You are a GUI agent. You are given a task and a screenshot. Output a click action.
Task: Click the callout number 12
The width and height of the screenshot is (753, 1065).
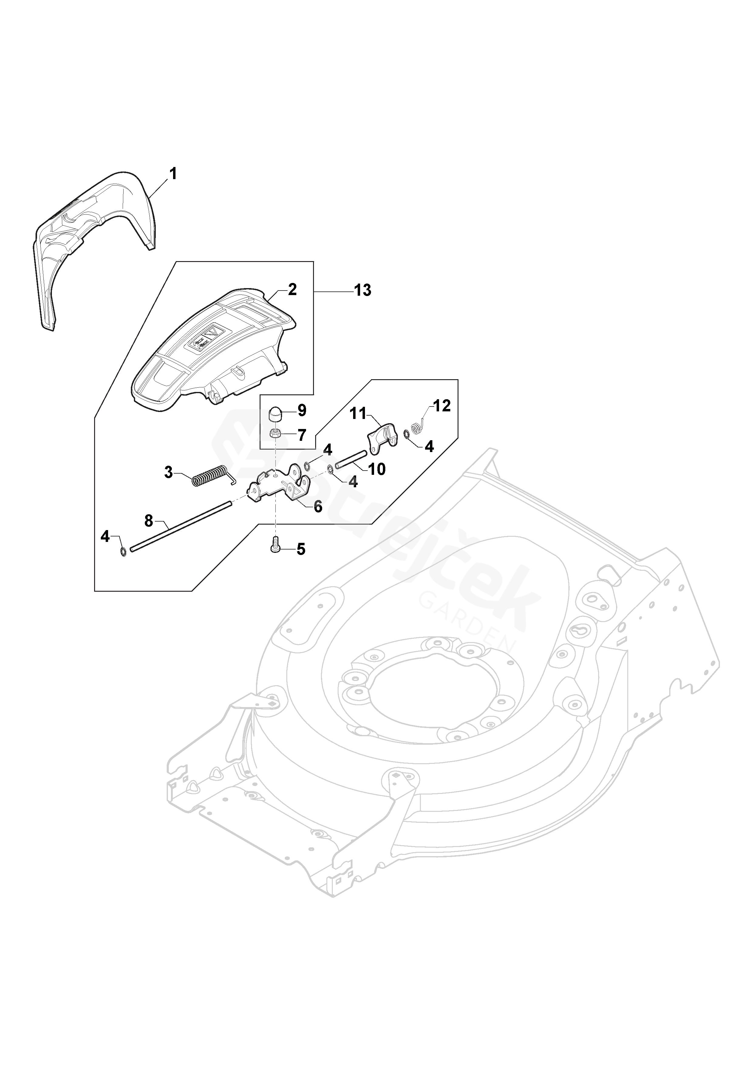[442, 406]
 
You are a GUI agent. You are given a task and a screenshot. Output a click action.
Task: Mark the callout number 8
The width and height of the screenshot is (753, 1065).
[148, 521]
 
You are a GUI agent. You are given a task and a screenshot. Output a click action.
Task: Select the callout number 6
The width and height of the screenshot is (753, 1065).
[318, 506]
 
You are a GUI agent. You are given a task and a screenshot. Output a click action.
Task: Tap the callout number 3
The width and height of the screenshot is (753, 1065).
[169, 473]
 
